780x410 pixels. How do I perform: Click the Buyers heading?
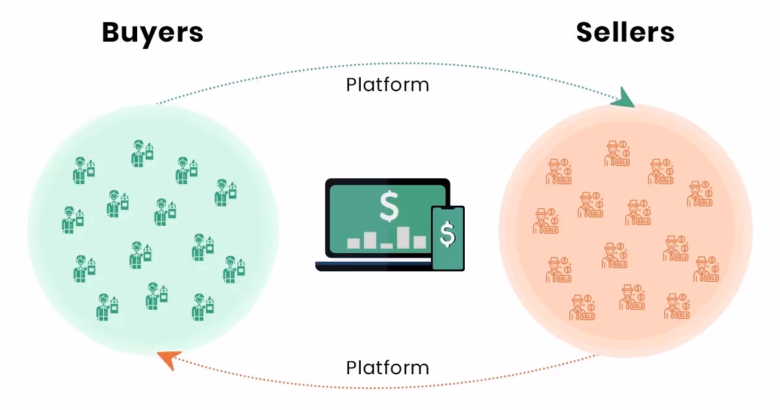152,33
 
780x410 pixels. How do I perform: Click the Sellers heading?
625,33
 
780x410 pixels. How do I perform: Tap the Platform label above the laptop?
387,85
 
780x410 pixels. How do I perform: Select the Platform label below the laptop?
387,368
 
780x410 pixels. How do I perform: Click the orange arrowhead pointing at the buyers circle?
168,359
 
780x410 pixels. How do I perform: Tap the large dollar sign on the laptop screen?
389,206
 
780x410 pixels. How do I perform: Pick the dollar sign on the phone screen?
448,234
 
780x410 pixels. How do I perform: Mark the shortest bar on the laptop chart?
387,245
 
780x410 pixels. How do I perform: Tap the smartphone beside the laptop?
448,238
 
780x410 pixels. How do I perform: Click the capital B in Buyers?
113,33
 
